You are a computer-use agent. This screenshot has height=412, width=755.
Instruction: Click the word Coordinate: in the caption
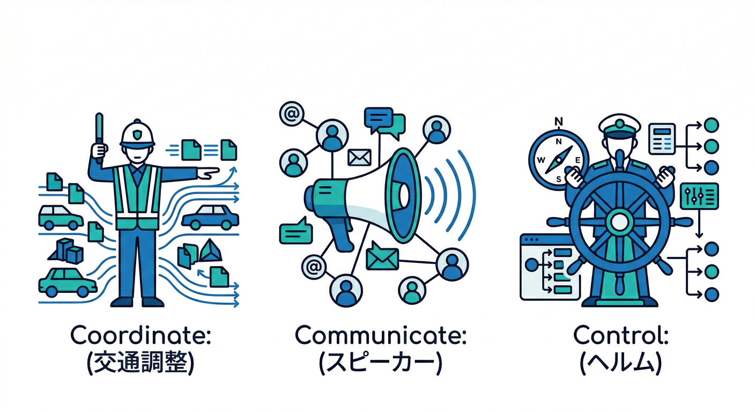(x=141, y=335)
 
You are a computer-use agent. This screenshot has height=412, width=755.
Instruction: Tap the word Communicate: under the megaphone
(x=381, y=335)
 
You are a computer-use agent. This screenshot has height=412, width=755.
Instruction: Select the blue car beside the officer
(x=210, y=217)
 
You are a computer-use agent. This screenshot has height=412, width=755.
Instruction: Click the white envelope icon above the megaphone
(x=359, y=157)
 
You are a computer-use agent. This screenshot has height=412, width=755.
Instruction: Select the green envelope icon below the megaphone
(x=382, y=258)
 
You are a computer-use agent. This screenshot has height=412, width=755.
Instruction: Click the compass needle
(x=559, y=160)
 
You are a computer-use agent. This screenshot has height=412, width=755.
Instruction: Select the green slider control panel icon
(x=699, y=196)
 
